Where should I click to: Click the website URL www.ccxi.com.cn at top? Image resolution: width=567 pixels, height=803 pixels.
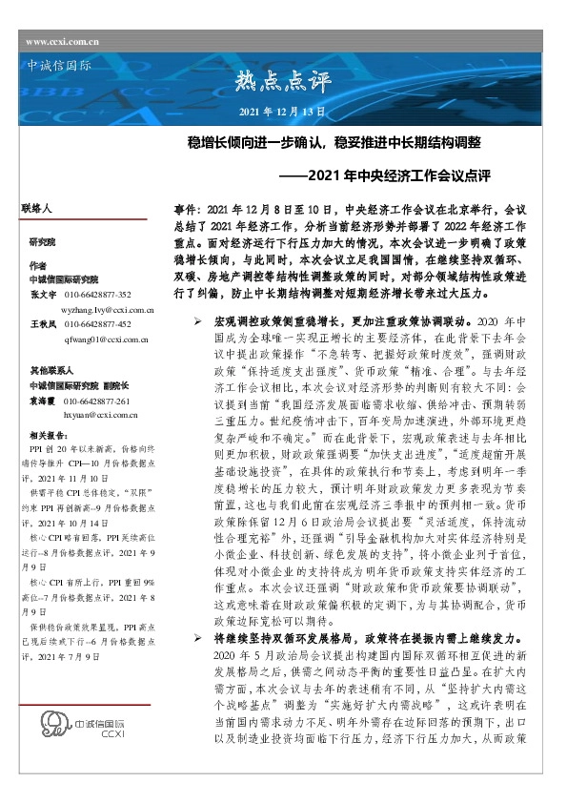[62, 41]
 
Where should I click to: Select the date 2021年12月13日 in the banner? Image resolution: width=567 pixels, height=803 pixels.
[281, 112]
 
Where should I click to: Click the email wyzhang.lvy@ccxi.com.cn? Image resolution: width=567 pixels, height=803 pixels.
[102, 310]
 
